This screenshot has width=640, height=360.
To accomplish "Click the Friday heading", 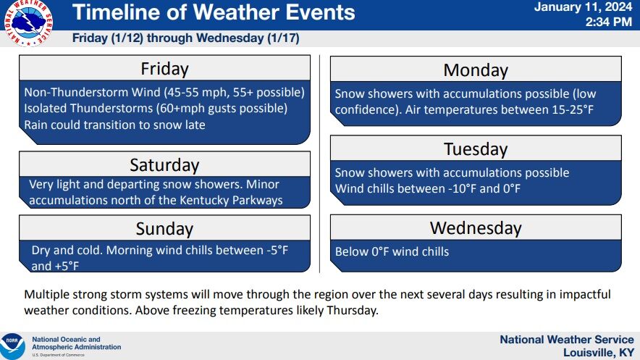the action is [164, 69].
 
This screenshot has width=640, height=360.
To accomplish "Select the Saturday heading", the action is [164, 165].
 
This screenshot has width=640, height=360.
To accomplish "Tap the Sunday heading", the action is [164, 229].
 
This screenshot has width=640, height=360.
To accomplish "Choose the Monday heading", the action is [476, 70].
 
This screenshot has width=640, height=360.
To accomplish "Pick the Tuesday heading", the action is [476, 149].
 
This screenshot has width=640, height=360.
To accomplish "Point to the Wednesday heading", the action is [476, 227].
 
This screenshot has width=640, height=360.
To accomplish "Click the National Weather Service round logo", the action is [28, 23].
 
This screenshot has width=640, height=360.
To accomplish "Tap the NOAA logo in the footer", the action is [12, 346].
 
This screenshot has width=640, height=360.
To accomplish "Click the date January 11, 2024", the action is [583, 7].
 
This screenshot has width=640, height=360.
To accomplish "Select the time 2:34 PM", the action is [609, 22].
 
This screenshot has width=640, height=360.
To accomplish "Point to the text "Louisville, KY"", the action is [598, 352].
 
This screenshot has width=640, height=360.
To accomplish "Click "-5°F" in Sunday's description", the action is [277, 250].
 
